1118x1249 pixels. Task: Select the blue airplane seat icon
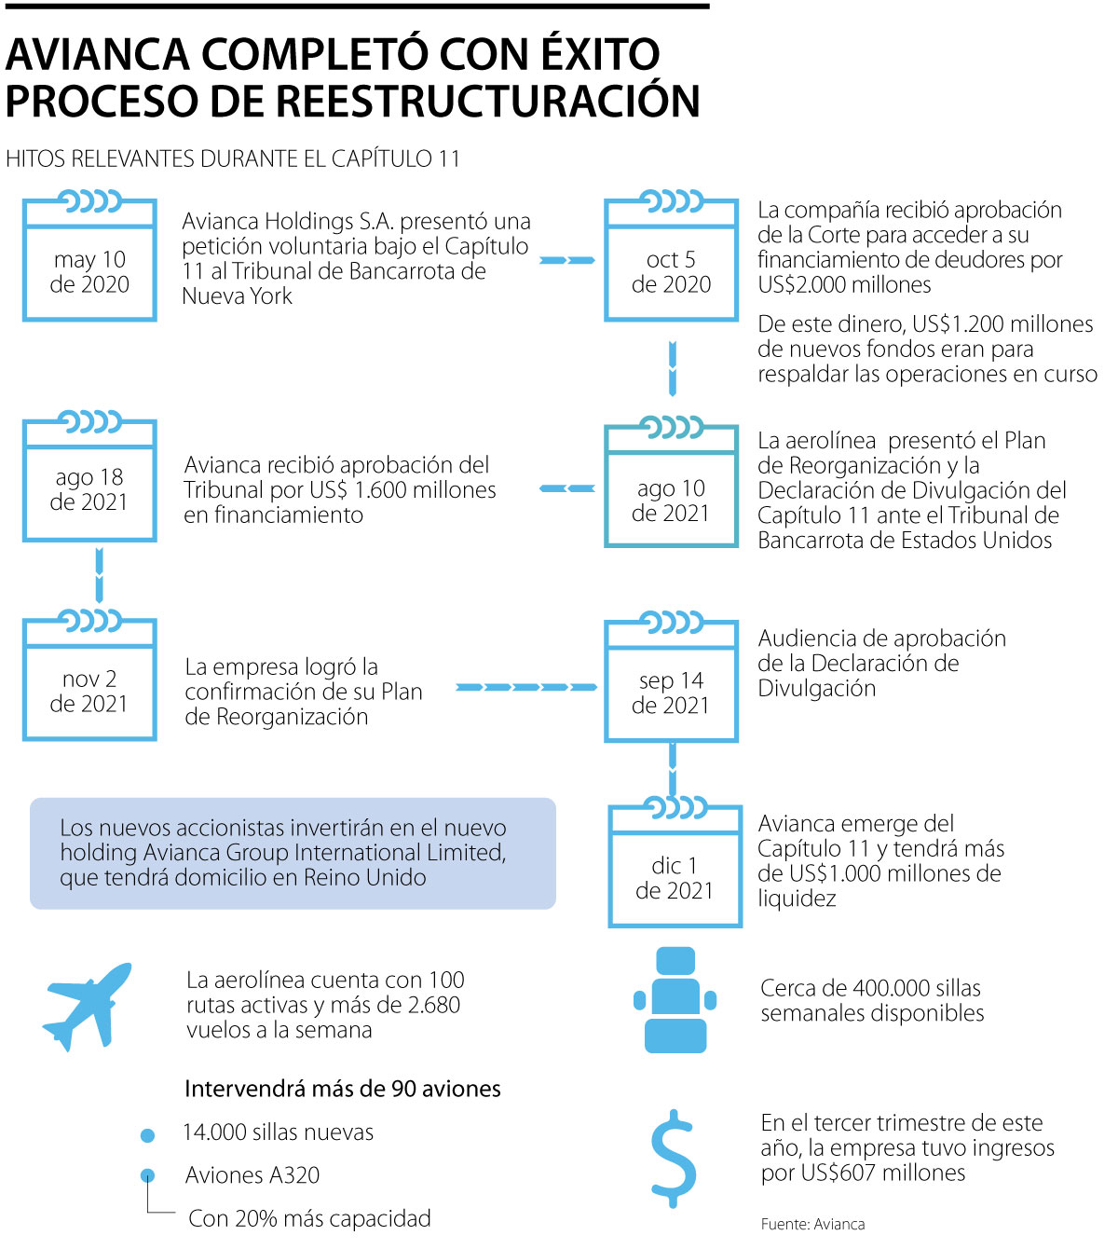coord(675,1000)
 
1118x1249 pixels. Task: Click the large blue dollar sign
coord(673,1159)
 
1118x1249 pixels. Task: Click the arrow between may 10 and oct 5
coord(567,260)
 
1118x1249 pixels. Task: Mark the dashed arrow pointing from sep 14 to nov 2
coord(526,687)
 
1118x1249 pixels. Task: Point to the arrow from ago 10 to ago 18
coord(567,488)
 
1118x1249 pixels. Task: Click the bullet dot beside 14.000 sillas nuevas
coord(147,1135)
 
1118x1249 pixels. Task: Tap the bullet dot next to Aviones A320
coord(147,1176)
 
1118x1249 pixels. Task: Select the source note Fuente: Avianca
coord(812,1224)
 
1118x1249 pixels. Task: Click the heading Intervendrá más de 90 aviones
coord(343,1089)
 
